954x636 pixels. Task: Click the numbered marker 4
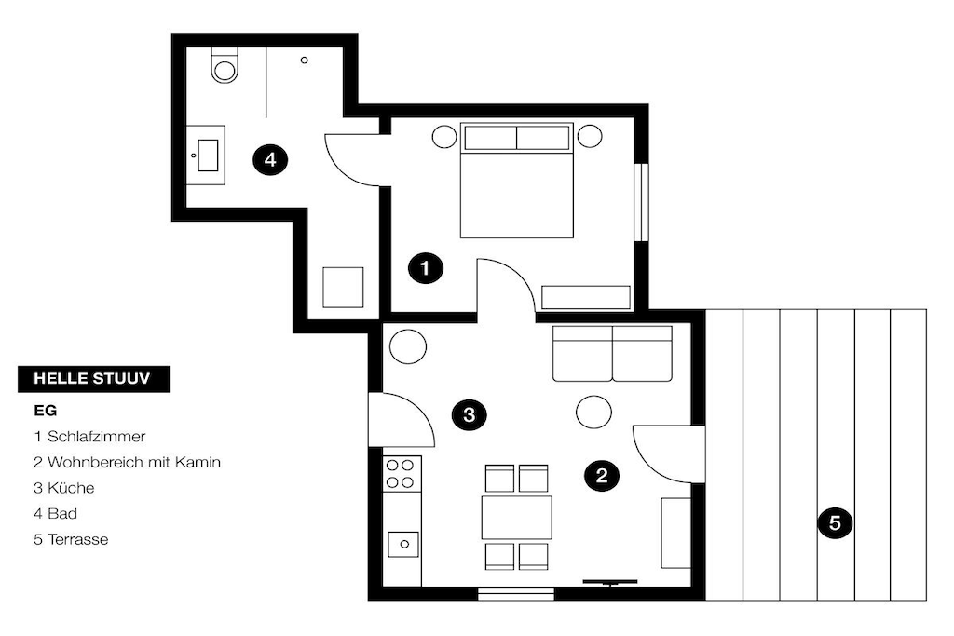point(270,160)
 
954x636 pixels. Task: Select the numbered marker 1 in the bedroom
point(425,268)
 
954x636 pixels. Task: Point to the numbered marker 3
point(470,415)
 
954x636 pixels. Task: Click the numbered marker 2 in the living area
point(602,475)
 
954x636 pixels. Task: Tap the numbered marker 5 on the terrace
point(835,523)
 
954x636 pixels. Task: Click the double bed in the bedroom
point(516,180)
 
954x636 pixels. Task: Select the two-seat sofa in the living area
point(612,353)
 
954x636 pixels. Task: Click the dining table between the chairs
point(516,518)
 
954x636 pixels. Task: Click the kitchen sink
point(403,544)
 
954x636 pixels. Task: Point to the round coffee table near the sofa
point(593,413)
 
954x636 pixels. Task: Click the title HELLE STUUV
point(92,379)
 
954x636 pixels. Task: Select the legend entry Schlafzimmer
point(97,437)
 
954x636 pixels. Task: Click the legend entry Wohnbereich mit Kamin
point(134,462)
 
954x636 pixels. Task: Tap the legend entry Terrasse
point(78,539)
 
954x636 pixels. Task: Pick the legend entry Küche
point(71,488)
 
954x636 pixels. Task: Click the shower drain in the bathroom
point(305,61)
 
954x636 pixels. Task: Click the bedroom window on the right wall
point(641,202)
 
